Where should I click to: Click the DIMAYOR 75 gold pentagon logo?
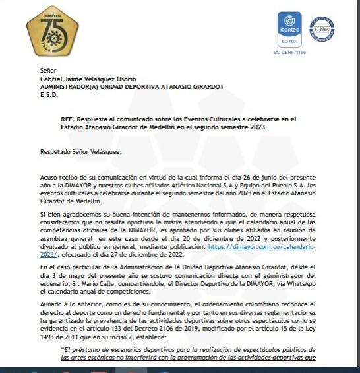tap(52, 31)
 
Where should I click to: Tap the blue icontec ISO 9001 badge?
tap(289, 31)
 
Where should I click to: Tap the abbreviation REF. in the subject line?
tap(67, 119)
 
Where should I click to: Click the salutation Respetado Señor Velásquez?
tap(81, 152)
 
